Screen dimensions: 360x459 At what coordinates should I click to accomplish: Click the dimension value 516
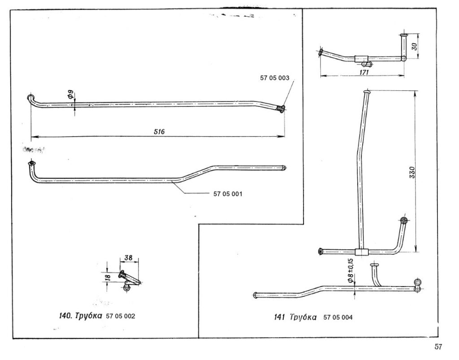tap(160, 132)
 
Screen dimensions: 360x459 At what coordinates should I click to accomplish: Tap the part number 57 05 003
tap(275, 77)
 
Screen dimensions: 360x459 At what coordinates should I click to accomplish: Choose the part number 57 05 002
tap(121, 316)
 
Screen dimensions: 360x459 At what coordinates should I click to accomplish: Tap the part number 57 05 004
tap(338, 317)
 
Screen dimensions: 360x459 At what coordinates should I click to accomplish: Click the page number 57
tap(438, 346)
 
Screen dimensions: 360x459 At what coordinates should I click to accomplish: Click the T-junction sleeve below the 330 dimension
tap(361, 252)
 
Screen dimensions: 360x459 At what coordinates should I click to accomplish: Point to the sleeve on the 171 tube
tap(361, 58)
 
